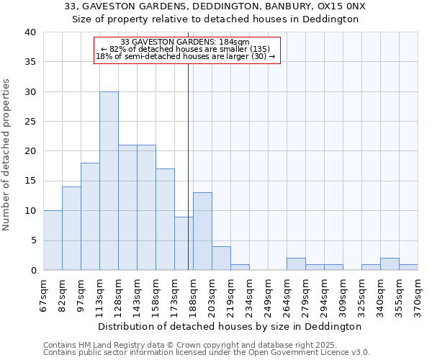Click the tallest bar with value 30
(109, 181)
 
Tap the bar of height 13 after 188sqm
(202, 231)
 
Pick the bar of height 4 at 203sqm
(221, 258)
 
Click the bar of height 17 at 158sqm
(165, 220)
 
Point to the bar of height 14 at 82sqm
(71, 228)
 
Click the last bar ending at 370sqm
(408, 266)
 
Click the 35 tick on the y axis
(30, 62)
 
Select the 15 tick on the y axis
(30, 181)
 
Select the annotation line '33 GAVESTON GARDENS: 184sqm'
(185, 42)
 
